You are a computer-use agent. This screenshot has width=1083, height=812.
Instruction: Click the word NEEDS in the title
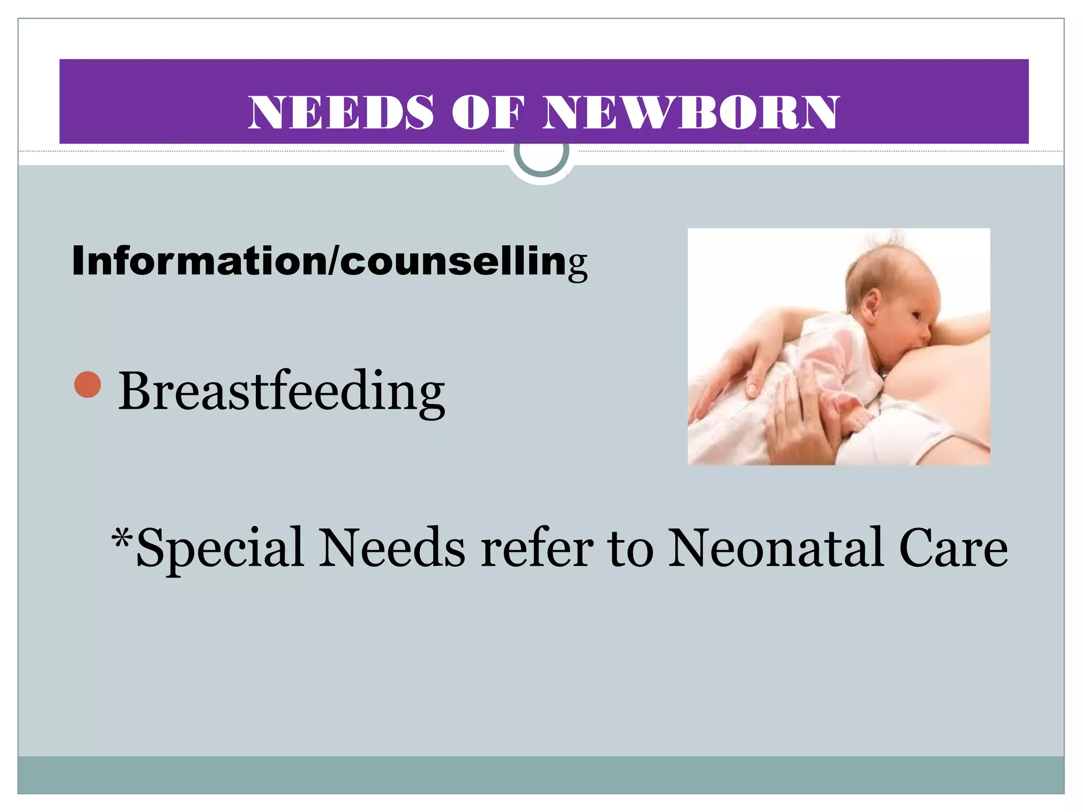341,112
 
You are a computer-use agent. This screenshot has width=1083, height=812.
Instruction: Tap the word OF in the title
488,112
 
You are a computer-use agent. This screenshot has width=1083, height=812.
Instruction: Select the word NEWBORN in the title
691,112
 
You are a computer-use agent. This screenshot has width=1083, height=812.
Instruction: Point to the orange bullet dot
88,384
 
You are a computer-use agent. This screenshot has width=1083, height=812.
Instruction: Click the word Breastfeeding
281,391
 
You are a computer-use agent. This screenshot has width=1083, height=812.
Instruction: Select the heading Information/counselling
329,261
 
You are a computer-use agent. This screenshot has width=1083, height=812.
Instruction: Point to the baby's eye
915,315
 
